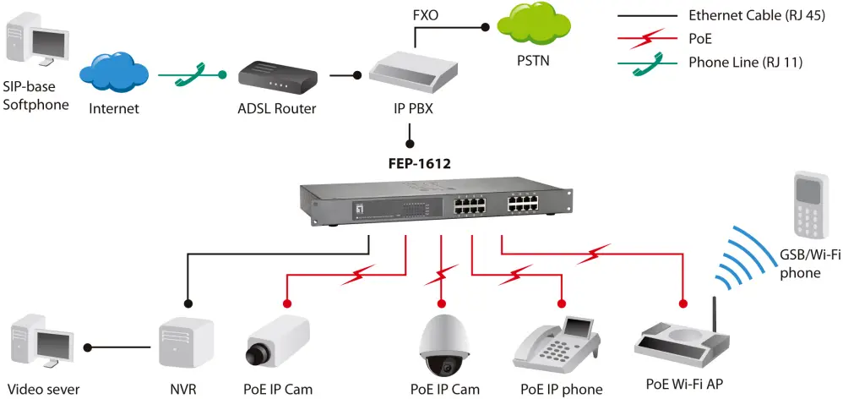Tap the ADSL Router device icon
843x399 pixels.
[277, 79]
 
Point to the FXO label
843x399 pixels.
[426, 14]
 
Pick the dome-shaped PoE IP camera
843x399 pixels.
[444, 344]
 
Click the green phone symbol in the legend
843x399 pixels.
[648, 62]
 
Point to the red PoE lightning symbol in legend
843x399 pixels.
[648, 39]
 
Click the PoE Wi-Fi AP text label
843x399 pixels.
[684, 384]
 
